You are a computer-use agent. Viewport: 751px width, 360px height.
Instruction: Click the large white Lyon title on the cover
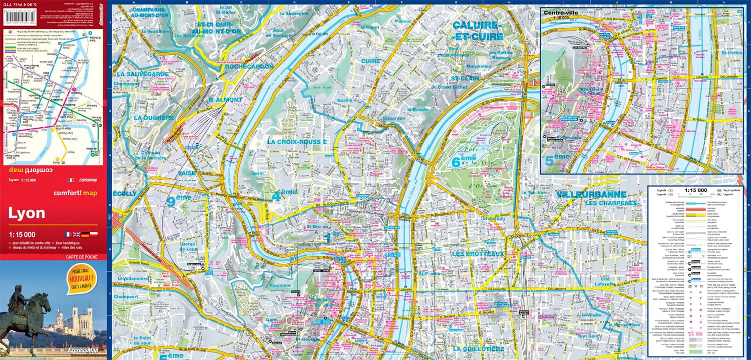[27, 213]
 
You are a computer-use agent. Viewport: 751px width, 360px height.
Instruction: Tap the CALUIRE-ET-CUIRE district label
[477, 31]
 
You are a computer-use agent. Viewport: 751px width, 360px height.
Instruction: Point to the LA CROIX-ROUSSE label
[297, 142]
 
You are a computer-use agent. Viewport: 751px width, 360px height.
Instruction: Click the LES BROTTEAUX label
[477, 254]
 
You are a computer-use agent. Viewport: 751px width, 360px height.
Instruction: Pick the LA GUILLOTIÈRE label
[478, 348]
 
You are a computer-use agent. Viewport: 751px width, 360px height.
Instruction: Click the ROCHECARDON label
[249, 66]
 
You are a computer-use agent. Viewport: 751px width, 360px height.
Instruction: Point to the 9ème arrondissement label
[179, 201]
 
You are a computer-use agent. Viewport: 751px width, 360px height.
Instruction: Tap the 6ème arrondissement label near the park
[463, 162]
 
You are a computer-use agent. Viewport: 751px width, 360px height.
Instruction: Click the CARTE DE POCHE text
[81, 257]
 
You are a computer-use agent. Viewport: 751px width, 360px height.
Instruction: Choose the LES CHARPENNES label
[610, 203]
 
